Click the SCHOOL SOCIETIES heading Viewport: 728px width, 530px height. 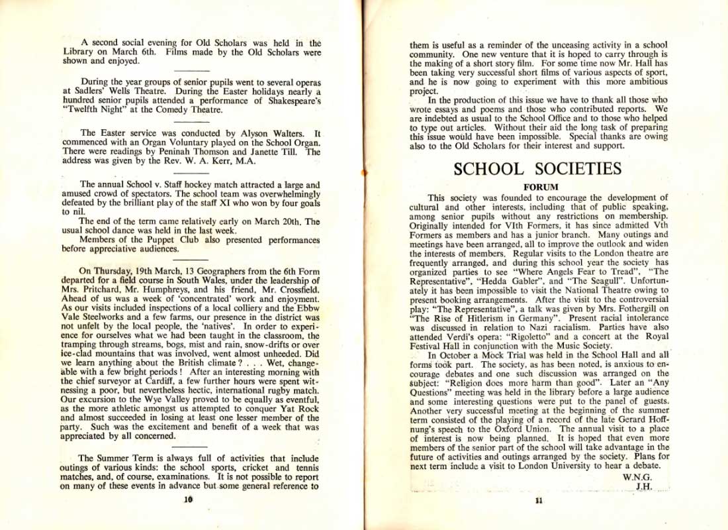(x=537, y=169)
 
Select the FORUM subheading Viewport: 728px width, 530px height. (x=541, y=187)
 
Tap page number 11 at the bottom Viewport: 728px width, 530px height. (x=538, y=501)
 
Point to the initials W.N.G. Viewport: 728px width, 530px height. (x=637, y=477)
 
